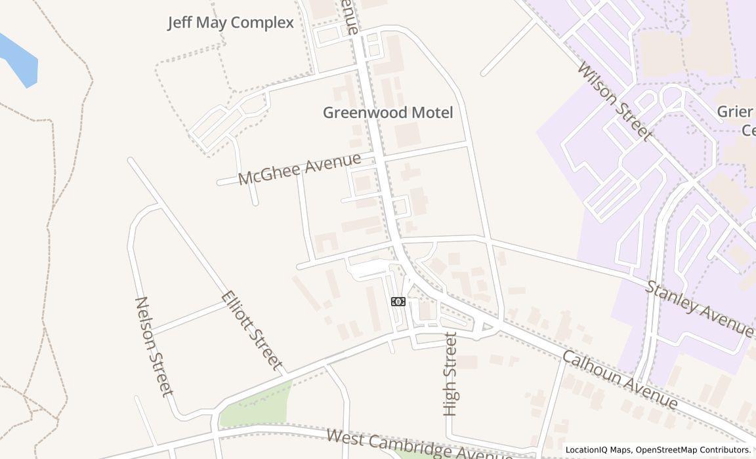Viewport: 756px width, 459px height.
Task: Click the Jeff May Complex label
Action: click(x=230, y=23)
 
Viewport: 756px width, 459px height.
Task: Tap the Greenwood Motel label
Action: click(x=388, y=113)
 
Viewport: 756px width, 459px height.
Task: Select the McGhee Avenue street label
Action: click(x=299, y=169)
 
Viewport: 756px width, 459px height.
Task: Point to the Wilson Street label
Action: click(x=615, y=101)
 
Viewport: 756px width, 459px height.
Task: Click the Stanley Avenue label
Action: click(x=700, y=309)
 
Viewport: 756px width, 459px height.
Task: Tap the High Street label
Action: click(x=450, y=374)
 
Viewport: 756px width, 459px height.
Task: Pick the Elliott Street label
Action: click(x=253, y=330)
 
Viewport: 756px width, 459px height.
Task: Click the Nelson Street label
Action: click(x=154, y=346)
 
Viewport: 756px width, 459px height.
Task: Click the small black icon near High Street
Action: click(x=398, y=302)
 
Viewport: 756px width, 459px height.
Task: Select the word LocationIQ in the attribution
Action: click(x=588, y=450)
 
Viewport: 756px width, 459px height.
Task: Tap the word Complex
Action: click(x=262, y=23)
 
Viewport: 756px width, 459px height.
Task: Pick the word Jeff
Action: click(x=180, y=23)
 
